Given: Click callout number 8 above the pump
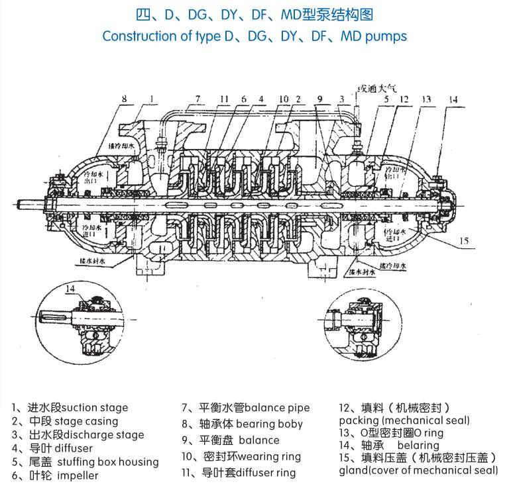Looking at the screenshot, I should pos(125,99).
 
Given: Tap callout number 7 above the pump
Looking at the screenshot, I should pos(197,99).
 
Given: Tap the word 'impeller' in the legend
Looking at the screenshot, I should pos(78,475).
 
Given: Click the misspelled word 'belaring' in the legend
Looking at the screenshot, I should pos(418,445).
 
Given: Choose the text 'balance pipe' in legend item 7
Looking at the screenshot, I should pos(277,408).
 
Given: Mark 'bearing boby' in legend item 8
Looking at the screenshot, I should pos(269,424).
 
